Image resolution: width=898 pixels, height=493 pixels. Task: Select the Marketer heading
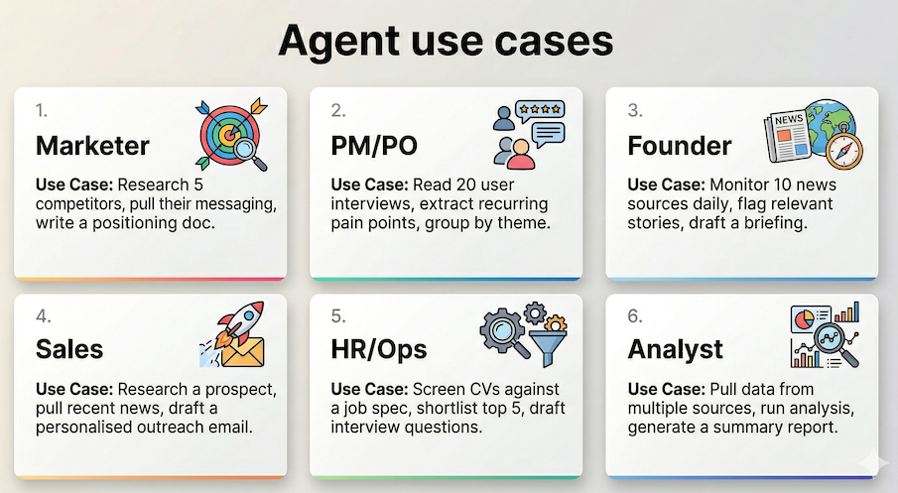(92, 146)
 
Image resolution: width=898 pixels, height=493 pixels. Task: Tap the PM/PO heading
(374, 146)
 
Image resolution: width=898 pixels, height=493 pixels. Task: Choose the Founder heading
(680, 146)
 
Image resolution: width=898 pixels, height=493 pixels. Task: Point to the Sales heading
(69, 349)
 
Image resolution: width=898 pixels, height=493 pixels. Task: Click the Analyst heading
(676, 349)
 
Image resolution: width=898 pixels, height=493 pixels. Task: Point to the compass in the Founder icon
(845, 149)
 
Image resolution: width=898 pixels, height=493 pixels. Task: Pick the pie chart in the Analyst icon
(807, 319)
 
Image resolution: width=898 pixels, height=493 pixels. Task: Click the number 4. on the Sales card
(43, 317)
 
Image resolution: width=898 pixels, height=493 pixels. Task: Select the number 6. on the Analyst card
(635, 317)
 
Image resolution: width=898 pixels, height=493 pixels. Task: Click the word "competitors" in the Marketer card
(76, 203)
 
